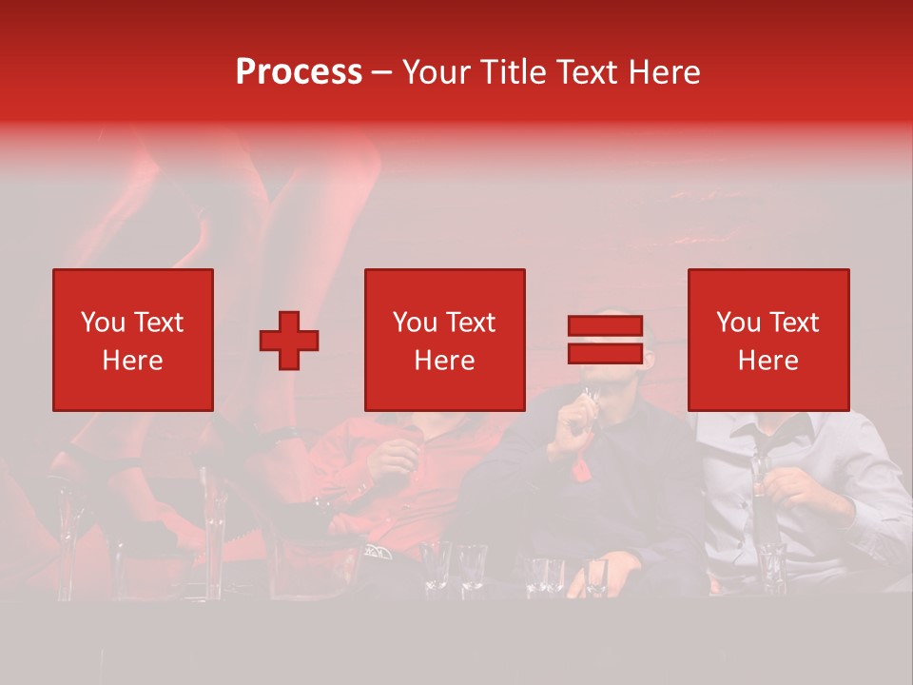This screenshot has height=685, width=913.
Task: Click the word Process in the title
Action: tap(299, 72)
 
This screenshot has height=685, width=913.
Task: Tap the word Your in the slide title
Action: tap(435, 72)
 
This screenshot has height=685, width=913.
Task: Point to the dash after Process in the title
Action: tap(381, 73)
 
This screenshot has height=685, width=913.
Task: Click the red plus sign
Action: tap(289, 341)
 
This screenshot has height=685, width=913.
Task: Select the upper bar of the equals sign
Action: tap(605, 326)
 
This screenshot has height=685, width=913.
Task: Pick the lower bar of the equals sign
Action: tap(605, 353)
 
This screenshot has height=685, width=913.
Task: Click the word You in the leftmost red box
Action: tap(103, 323)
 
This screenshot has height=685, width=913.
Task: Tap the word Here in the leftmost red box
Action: tap(132, 361)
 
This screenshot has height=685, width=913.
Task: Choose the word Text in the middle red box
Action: tap(470, 323)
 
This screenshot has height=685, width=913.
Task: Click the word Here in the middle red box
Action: tap(444, 361)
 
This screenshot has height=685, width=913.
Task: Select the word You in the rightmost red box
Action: tap(738, 323)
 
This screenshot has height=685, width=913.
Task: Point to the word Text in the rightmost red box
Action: tap(793, 323)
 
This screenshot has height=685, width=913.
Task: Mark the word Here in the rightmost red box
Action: tap(767, 361)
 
